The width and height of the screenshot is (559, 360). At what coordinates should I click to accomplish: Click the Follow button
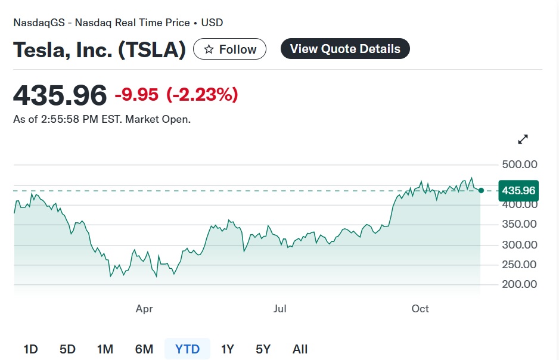pos(229,49)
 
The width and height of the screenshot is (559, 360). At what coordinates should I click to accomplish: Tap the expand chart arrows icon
pos(523,139)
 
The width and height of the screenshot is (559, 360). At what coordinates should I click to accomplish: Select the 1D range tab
pos(30,349)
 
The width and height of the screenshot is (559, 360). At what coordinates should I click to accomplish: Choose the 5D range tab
pos(67,349)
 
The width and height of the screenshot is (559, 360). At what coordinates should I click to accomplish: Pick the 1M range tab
pos(105,349)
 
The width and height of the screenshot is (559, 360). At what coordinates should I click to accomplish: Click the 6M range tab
pos(144,349)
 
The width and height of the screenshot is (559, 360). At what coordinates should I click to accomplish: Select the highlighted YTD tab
pos(187,349)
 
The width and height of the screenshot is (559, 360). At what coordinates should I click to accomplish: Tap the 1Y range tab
pos(227,349)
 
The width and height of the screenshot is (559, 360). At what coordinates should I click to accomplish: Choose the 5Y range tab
pos(263,349)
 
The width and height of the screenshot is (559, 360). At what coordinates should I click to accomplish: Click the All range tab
pos(300,349)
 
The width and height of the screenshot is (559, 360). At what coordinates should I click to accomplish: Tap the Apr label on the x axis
pos(144,309)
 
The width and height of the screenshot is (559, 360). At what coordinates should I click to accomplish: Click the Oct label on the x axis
pos(420,309)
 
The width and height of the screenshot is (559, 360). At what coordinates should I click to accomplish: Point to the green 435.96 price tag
pos(518,191)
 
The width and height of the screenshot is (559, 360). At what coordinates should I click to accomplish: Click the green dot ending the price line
pos(481,191)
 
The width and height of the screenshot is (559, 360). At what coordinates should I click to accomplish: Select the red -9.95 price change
pos(137,95)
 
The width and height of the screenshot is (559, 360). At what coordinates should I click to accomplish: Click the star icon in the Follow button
pos(209,49)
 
